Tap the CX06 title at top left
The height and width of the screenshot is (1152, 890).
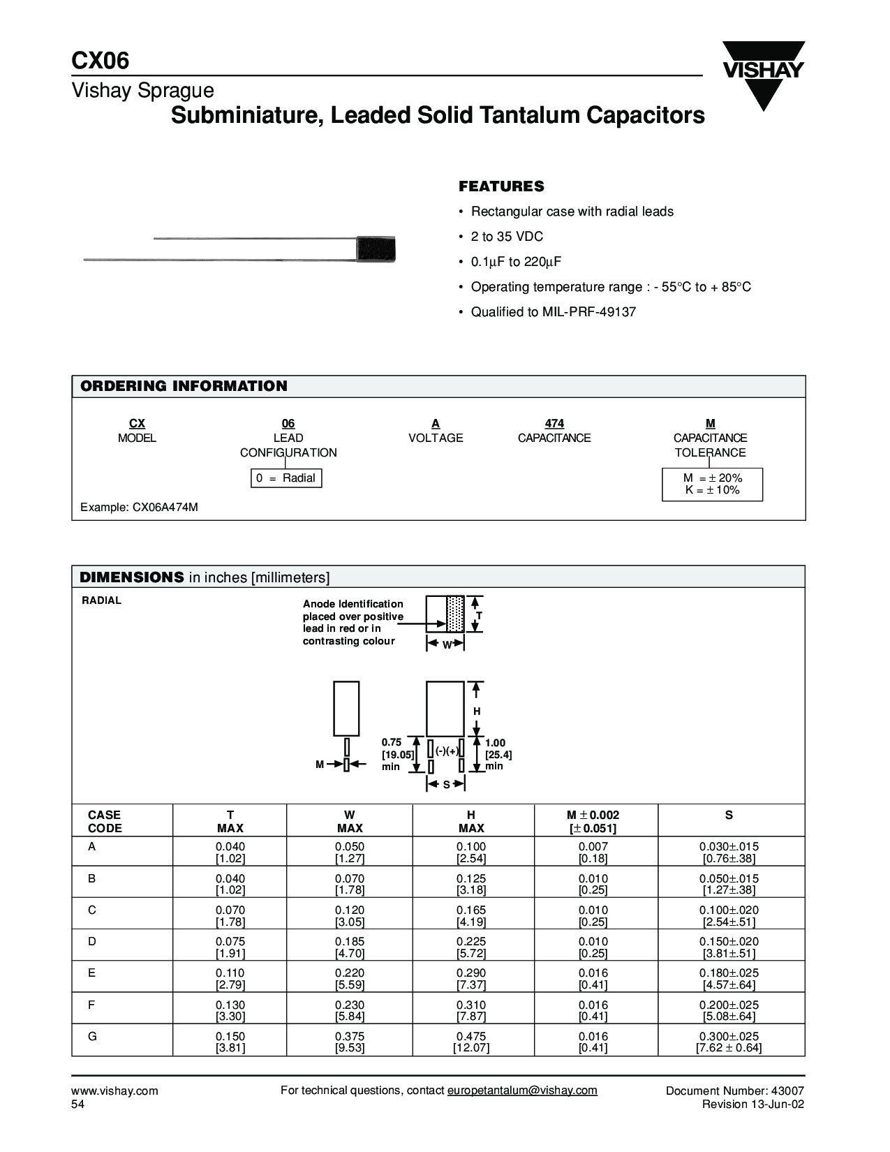point(101,61)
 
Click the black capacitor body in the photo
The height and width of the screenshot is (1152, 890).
point(376,249)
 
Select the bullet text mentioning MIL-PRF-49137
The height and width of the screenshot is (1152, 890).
point(553,312)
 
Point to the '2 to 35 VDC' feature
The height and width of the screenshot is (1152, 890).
point(507,237)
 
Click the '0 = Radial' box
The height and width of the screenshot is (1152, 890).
point(286,478)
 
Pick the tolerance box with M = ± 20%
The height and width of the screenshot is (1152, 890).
point(712,484)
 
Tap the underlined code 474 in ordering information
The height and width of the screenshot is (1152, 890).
point(554,423)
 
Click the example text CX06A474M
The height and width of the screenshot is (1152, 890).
point(140,507)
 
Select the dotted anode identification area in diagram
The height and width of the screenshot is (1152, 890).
point(455,614)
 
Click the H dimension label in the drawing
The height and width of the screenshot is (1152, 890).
point(477,711)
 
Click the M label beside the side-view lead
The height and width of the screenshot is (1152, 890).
point(320,765)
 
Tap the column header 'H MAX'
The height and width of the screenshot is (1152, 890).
point(471,821)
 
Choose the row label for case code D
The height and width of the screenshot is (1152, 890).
point(92,941)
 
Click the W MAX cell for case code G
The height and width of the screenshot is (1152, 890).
point(350,1042)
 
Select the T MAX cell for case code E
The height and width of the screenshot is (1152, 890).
point(230,978)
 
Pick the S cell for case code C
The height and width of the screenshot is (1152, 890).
point(729,915)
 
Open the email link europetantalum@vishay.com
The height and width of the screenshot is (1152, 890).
point(522,1091)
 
